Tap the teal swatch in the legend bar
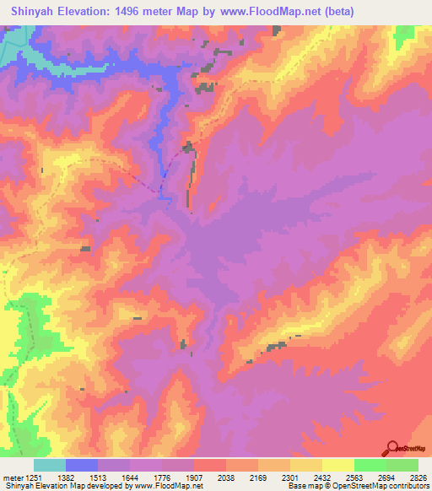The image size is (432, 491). coord(50,465)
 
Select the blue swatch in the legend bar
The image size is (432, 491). coord(82,465)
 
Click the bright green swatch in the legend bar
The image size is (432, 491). coord(370,465)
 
